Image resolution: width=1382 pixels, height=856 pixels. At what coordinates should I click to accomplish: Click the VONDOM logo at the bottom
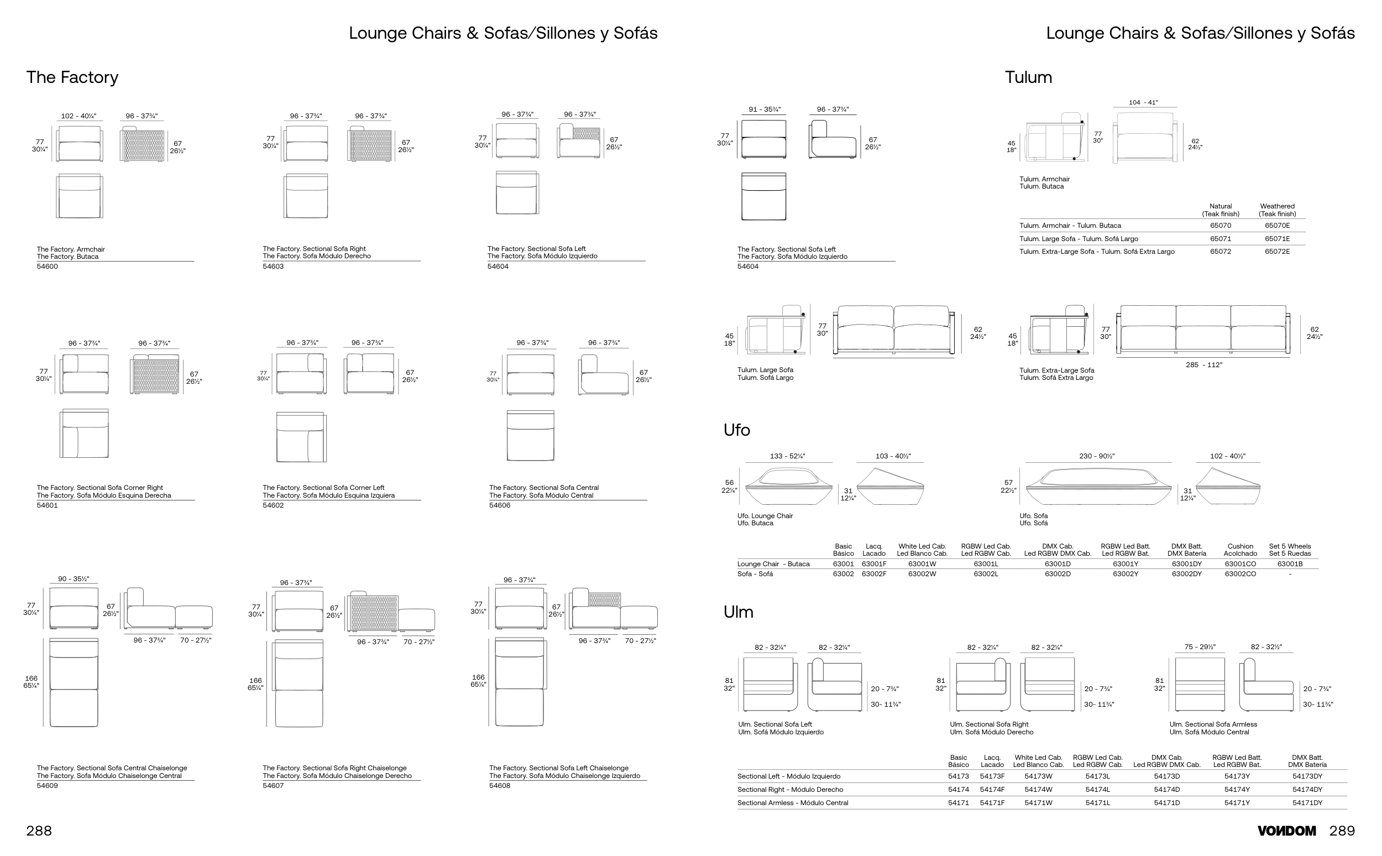point(1286,831)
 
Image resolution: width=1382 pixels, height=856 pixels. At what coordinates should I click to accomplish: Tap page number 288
point(39,831)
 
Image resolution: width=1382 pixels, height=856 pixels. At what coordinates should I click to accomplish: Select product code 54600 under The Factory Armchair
point(47,267)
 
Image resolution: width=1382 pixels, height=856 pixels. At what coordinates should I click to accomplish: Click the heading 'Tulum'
point(1028,77)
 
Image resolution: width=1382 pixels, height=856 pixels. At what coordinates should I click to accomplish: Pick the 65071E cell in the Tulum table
point(1277,239)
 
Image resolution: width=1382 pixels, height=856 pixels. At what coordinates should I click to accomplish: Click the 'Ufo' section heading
point(736,430)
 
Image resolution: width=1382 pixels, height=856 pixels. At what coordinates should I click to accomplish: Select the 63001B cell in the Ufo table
point(1289,564)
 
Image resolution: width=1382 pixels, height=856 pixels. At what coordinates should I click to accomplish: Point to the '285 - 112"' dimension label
point(1204,365)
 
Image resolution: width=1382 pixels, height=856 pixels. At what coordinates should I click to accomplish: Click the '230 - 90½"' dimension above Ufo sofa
point(1096,456)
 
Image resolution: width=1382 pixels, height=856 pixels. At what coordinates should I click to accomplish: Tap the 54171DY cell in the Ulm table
point(1307,803)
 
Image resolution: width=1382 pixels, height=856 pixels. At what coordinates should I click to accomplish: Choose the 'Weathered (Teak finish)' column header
point(1277,210)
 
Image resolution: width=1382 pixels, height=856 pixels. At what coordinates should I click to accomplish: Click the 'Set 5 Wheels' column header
point(1289,550)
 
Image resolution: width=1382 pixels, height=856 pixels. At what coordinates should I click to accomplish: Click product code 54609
point(47,786)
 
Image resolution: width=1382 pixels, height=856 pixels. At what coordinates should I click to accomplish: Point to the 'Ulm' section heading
point(738,612)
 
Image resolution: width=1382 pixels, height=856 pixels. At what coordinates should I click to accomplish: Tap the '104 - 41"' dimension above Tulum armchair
point(1143,103)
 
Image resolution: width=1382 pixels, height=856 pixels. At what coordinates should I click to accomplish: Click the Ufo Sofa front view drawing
point(1097,486)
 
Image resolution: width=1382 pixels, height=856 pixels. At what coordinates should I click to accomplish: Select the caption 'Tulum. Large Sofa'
point(765,370)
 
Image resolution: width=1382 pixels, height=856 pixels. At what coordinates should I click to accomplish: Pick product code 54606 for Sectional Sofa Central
point(499,505)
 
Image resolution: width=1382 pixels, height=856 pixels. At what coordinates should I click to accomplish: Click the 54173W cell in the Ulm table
point(1038,777)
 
